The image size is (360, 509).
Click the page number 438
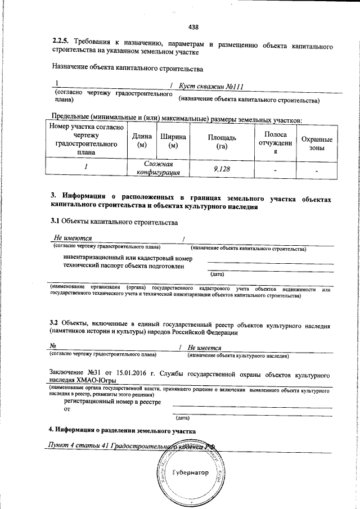[x=194, y=26]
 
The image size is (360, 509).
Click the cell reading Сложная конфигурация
[x=157, y=168]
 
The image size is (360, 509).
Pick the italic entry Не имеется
[x=205, y=348]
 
